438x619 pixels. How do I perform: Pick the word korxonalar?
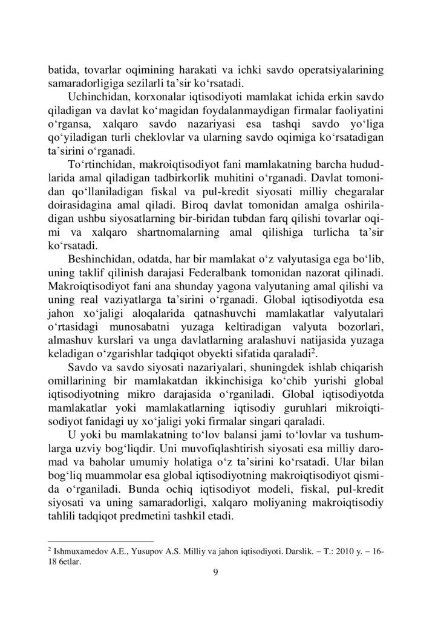point(166,98)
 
